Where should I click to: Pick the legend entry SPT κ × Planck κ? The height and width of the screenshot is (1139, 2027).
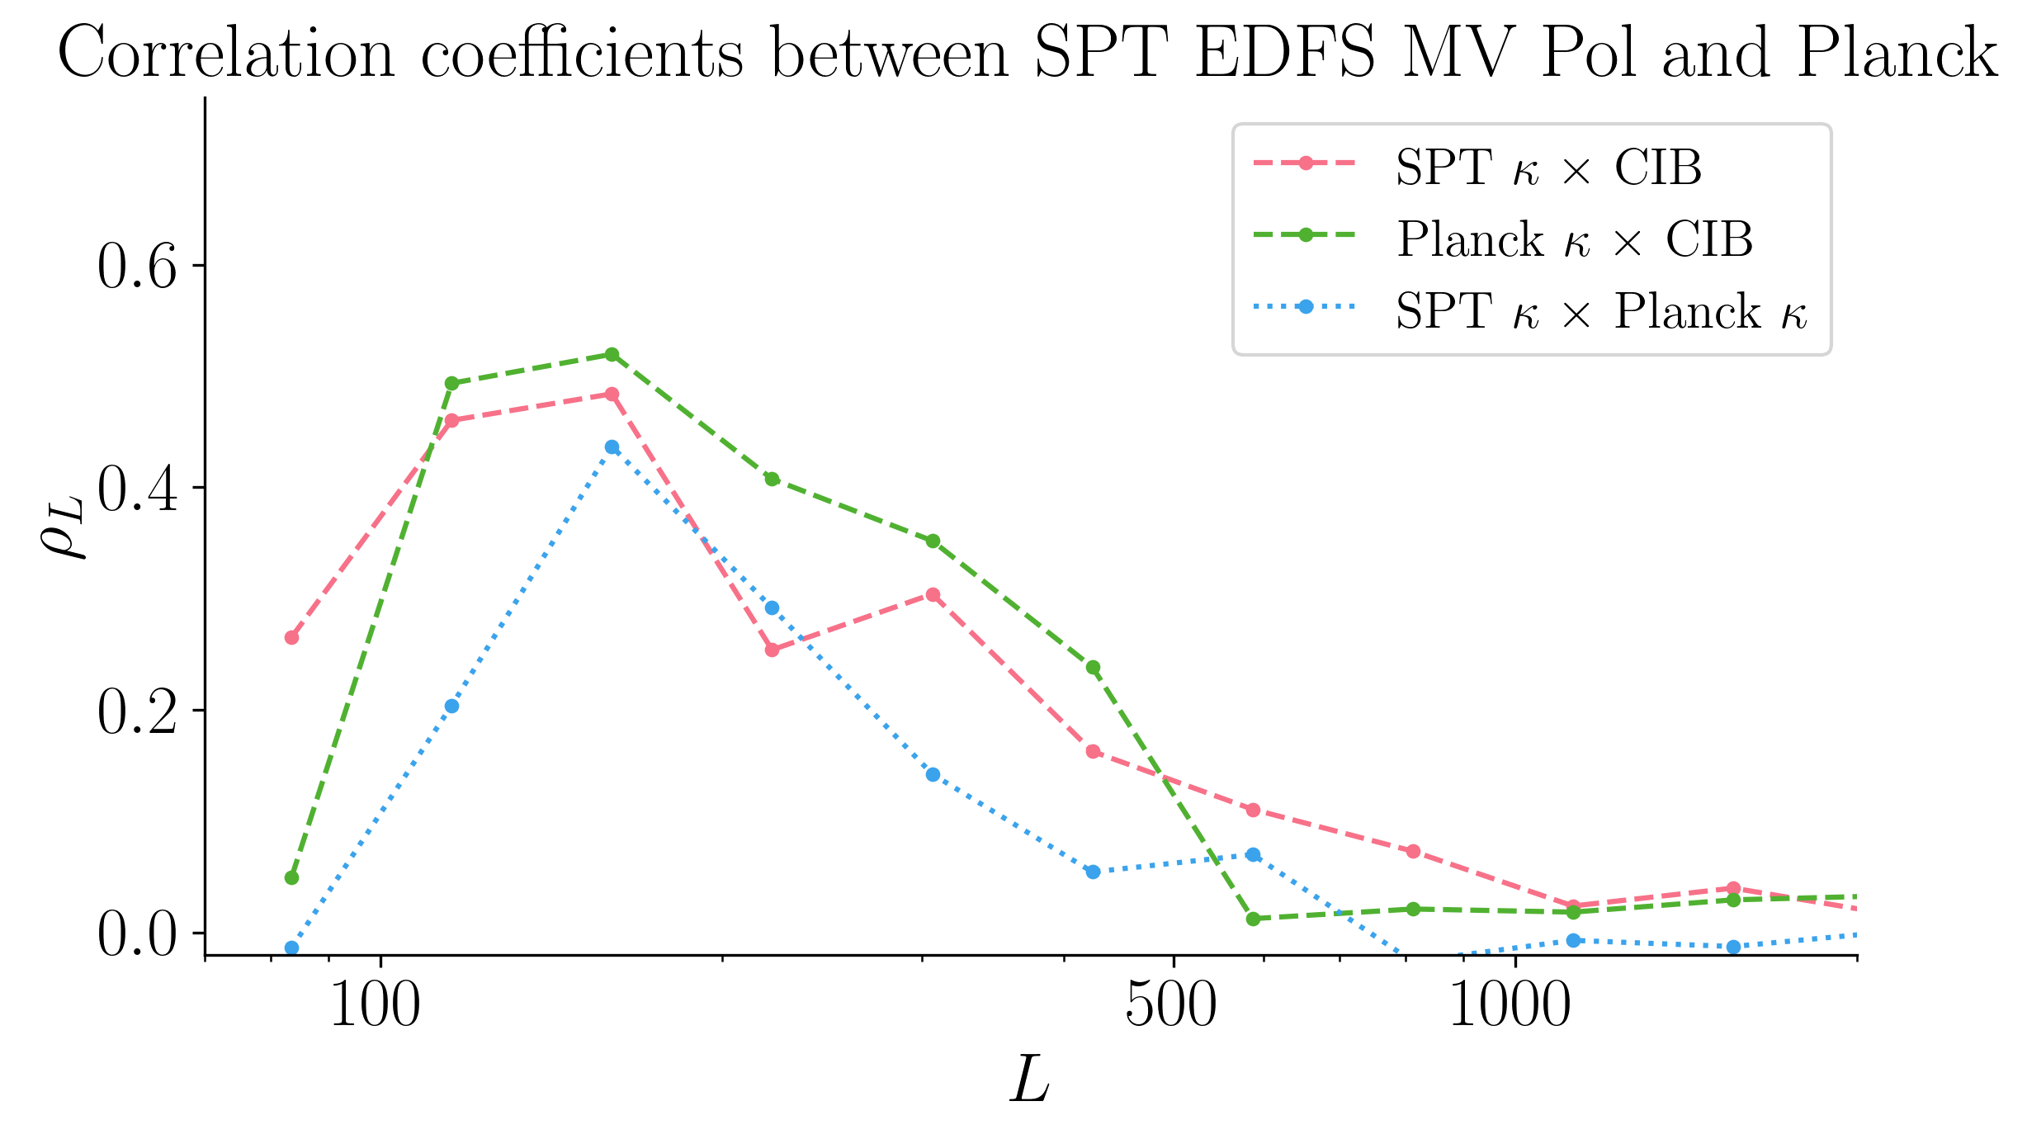click(x=1601, y=311)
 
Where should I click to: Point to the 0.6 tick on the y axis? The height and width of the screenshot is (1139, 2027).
click(x=137, y=267)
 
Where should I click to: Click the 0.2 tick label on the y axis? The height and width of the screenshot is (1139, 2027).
click(x=137, y=711)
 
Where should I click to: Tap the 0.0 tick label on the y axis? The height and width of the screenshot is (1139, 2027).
click(x=137, y=934)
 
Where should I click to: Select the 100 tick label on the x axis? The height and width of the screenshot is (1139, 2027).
click(x=376, y=1006)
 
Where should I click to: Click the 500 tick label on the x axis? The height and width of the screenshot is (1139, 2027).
click(x=1171, y=1006)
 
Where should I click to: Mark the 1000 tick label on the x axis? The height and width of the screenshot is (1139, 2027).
click(x=1510, y=1006)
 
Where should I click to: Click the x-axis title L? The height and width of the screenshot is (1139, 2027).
click(x=1030, y=1079)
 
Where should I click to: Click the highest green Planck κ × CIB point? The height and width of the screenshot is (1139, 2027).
click(x=612, y=354)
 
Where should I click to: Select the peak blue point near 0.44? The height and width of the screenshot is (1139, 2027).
click(x=612, y=447)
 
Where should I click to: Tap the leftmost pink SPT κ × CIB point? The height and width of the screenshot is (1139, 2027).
click(x=291, y=637)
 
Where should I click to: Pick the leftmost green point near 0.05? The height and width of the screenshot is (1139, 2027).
click(x=291, y=877)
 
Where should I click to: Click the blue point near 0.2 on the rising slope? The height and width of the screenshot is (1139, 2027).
click(x=451, y=706)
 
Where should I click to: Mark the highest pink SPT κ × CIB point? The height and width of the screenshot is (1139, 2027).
click(x=612, y=394)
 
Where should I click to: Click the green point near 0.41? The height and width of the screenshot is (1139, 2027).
click(x=772, y=479)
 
